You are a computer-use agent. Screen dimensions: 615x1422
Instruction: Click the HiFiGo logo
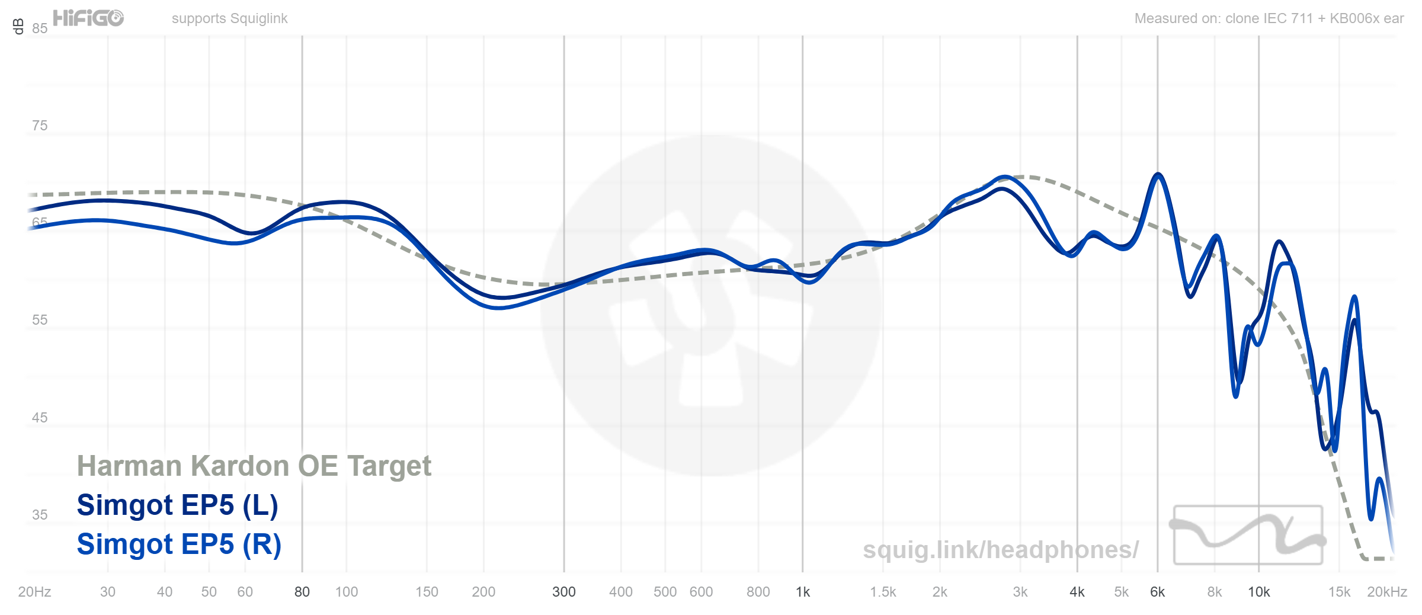[x=88, y=18]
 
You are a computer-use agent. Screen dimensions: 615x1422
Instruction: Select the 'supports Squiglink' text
[x=229, y=18]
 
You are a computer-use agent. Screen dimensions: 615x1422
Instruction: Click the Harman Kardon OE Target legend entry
[x=254, y=466]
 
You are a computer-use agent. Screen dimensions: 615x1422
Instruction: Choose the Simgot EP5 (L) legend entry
[x=177, y=505]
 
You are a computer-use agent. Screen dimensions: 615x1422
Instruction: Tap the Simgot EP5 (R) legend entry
[x=179, y=544]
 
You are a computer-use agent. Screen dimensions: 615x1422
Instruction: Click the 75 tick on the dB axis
[x=40, y=126]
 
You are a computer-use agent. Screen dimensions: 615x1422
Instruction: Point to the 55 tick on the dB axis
[x=40, y=320]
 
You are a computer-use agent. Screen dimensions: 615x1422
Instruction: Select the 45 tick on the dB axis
[x=40, y=418]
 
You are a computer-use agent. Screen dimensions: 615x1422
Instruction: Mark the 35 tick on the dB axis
[x=40, y=515]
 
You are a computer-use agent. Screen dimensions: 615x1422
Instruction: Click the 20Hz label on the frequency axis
[x=34, y=592]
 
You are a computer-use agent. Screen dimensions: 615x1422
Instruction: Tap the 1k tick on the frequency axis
[x=803, y=592]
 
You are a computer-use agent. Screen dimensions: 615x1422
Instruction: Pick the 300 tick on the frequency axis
[x=563, y=592]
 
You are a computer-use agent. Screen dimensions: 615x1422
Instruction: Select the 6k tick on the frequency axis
[x=1157, y=592]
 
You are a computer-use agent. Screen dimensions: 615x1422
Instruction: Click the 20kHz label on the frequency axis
[x=1386, y=592]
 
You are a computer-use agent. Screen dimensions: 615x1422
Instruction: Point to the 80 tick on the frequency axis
[x=302, y=592]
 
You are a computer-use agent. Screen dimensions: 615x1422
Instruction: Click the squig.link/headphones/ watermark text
[x=1000, y=550]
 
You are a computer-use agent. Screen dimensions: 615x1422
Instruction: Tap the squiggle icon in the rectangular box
[x=1248, y=534]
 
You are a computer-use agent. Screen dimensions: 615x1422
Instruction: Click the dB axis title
[x=18, y=26]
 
